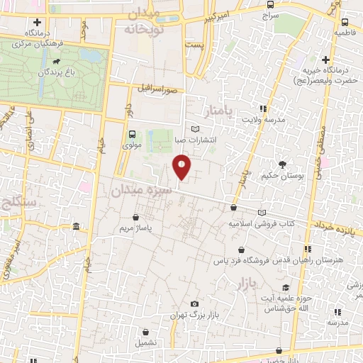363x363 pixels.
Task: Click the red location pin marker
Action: pyautogui.click(x=181, y=167)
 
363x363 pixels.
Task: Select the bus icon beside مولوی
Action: pyautogui.click(x=132, y=134)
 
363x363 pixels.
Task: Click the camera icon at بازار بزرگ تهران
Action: pyautogui.click(x=194, y=303)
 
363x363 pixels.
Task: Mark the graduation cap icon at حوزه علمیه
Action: pyautogui.click(x=286, y=288)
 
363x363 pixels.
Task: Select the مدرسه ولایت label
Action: pyautogui.click(x=264, y=120)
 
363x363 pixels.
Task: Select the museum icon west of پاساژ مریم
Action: pyautogui.click(x=76, y=227)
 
